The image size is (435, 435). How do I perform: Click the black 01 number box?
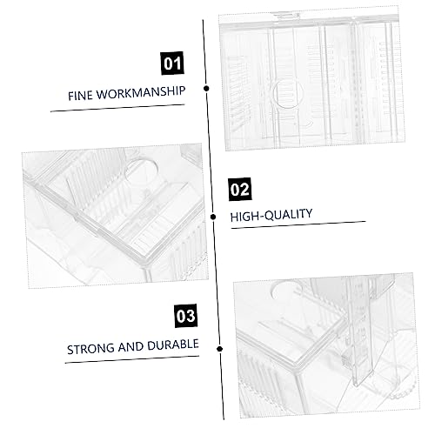172,63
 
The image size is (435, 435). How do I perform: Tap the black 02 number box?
240,190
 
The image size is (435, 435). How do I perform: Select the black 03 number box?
186,316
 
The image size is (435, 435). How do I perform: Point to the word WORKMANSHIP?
141,92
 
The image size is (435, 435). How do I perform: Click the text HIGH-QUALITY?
271,215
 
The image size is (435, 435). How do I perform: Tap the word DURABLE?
173,345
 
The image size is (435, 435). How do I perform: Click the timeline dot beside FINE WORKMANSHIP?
206,88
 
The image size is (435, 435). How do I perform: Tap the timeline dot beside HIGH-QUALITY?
213,217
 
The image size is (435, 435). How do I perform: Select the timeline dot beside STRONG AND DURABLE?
220,349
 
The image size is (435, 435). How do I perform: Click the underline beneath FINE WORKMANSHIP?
117,108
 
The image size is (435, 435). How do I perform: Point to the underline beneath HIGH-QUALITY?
298,225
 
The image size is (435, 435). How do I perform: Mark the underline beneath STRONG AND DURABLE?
132,359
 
